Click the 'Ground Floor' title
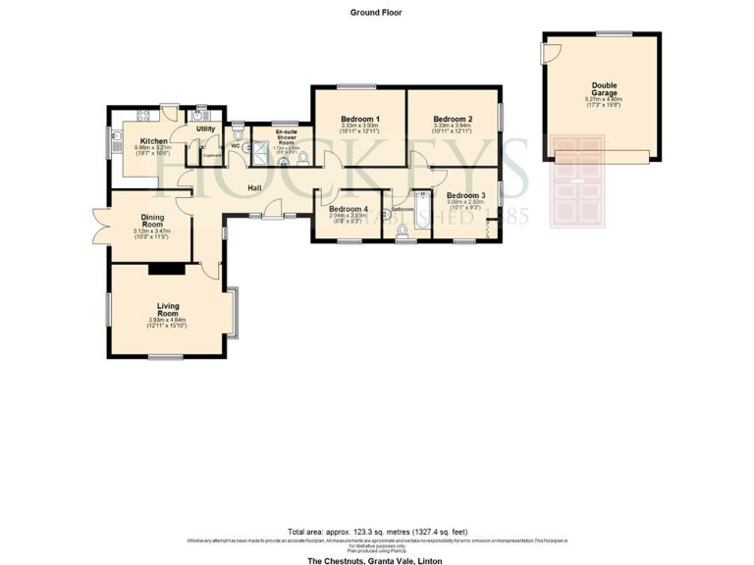(376, 13)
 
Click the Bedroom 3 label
(465, 196)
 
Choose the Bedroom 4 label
(349, 209)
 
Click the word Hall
(254, 188)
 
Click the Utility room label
(205, 128)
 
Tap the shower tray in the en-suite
(261, 150)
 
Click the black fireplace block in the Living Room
(159, 268)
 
